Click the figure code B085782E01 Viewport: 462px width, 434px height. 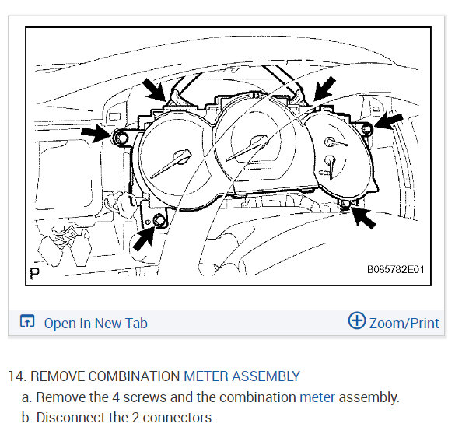point(395,269)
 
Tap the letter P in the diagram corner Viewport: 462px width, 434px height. point(34,273)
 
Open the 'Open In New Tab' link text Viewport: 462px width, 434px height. point(96,324)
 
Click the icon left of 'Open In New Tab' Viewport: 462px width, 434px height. point(27,321)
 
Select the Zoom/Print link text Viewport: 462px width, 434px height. point(404,324)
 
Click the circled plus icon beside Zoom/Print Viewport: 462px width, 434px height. point(357,320)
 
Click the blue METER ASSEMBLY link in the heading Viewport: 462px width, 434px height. point(242,376)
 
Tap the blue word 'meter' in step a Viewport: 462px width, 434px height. point(317,397)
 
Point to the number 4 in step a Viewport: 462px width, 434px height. point(116,397)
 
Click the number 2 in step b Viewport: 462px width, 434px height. point(135,418)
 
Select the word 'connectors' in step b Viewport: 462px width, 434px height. point(177,418)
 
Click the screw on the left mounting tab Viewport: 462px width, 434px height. point(121,138)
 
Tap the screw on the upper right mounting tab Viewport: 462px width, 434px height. point(366,129)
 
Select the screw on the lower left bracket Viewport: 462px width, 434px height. point(159,220)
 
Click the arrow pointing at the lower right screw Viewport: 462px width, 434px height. point(363,217)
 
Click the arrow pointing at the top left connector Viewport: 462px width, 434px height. point(154,89)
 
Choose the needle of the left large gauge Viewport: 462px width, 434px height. point(171,164)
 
